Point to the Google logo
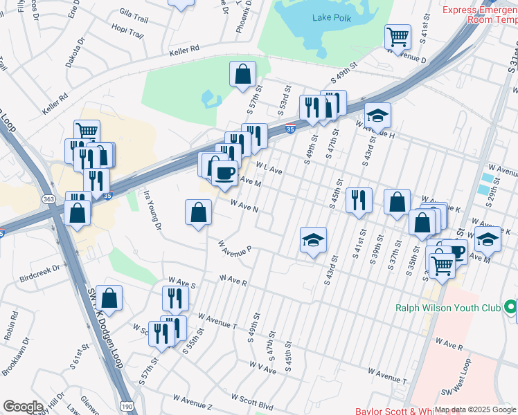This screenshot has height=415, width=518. [23, 406]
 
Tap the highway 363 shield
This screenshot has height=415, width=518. [48, 199]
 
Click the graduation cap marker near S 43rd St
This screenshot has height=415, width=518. [313, 240]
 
